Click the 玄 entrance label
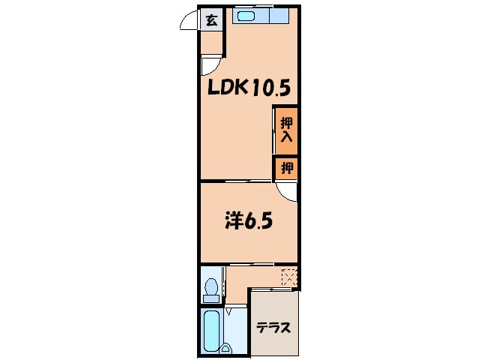coord(212,20)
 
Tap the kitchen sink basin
coord(247,15)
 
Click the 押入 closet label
coord(285,130)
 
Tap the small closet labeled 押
coord(286,169)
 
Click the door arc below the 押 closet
coord(286,191)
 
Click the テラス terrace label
coord(273,328)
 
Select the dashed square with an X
coord(288,277)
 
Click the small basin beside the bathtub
coord(226,346)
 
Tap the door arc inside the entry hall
coord(210,64)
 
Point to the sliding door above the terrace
coord(273,289)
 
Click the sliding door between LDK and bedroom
coord(236,181)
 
